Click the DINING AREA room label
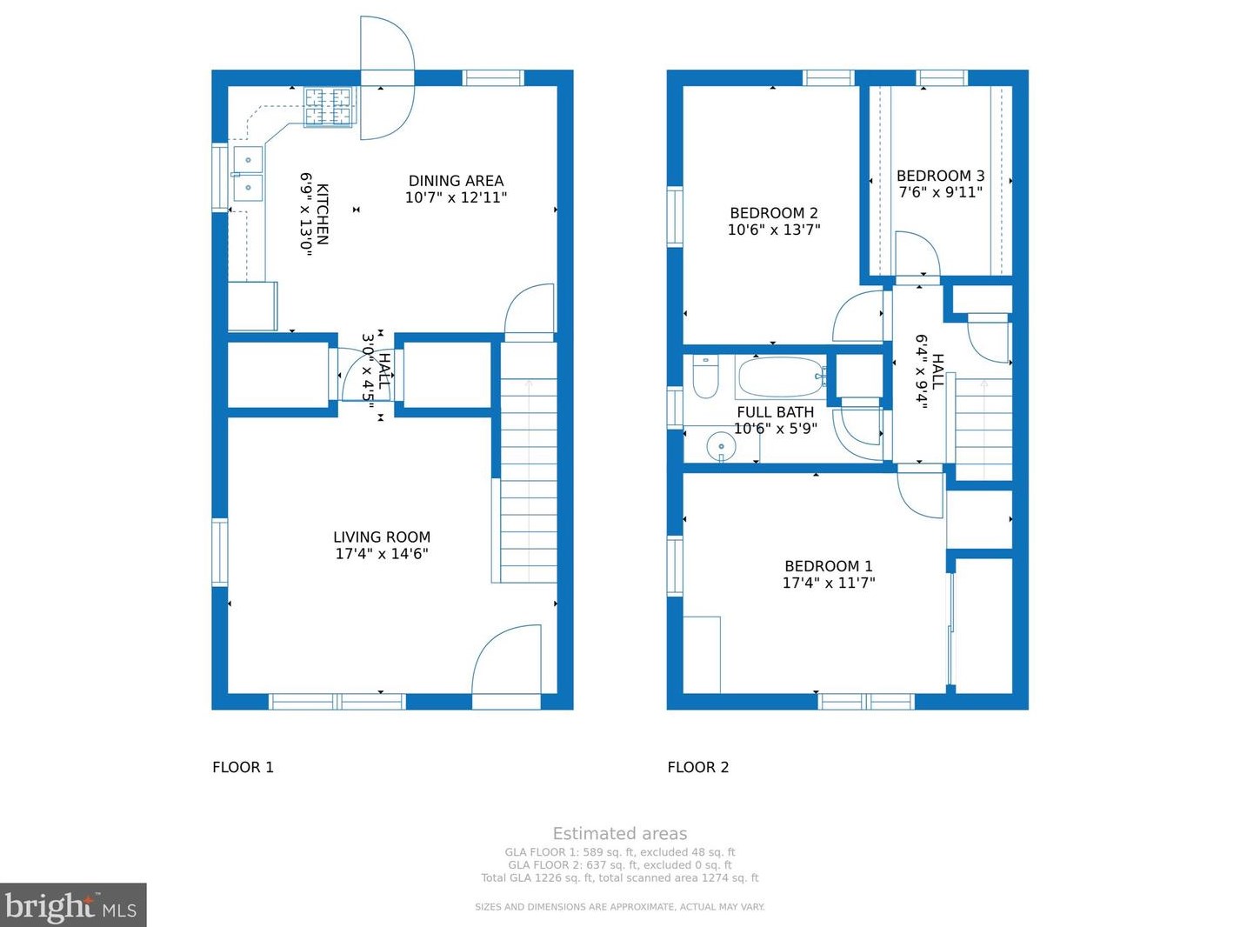pos(456,181)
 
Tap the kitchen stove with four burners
pos(329,107)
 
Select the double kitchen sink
pos(248,174)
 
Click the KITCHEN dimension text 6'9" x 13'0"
pos(306,212)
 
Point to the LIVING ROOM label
pos(382,537)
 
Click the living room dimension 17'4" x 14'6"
pos(382,554)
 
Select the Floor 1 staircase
pos(529,470)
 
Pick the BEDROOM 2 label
pos(773,213)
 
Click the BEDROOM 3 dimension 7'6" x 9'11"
pos(940,192)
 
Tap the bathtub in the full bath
pos(780,377)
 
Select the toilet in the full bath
pos(705,376)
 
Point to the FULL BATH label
pos(775,412)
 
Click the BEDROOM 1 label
pos(828,566)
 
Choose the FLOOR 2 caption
pos(697,767)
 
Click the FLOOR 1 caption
pos(243,767)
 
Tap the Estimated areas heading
pos(619,833)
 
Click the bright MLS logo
pos(72,905)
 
